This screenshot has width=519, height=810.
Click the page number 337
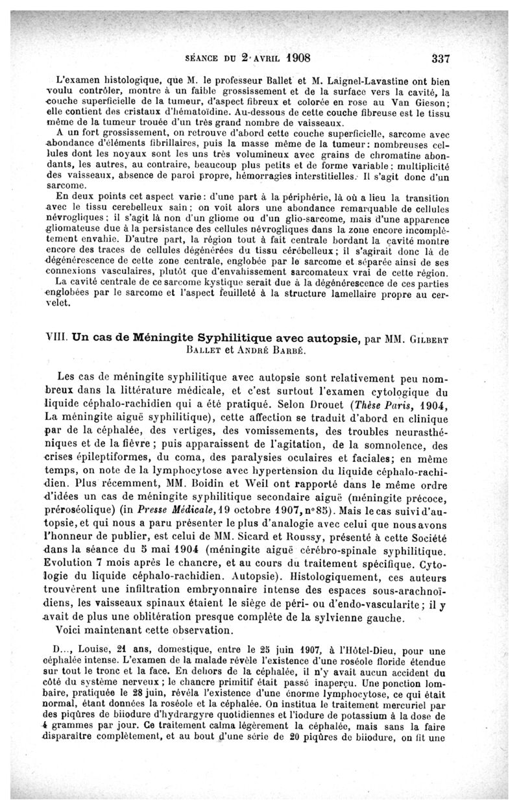[440, 56]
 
